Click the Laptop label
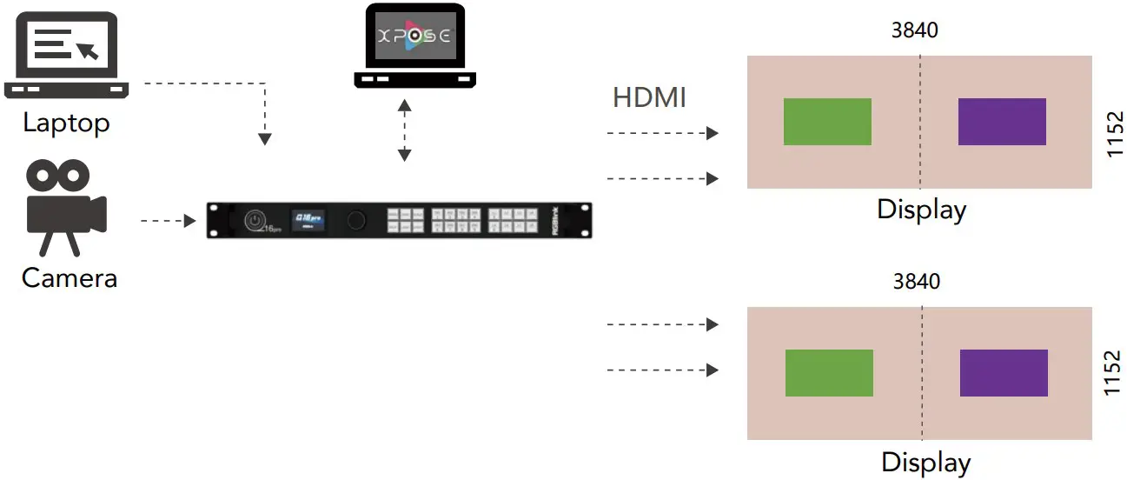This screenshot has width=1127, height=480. [66, 123]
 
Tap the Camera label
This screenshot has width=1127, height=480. [69, 278]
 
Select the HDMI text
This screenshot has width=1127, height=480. [649, 97]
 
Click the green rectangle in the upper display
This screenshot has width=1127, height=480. [827, 122]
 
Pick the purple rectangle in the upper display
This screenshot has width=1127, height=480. [1002, 122]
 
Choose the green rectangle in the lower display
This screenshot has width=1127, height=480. [829, 373]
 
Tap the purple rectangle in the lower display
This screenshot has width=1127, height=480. [1004, 373]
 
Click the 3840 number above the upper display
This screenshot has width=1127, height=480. [915, 30]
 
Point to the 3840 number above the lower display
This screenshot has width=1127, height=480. [917, 282]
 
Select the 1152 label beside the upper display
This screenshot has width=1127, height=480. [1115, 134]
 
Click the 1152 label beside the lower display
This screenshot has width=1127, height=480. [1115, 374]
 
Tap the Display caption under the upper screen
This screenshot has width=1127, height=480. [921, 210]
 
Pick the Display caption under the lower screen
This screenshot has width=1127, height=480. [925, 462]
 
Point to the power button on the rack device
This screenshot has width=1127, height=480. [254, 220]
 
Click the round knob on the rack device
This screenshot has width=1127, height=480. [356, 220]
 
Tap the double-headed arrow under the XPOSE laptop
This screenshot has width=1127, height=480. [404, 130]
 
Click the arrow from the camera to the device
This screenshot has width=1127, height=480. [168, 221]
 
